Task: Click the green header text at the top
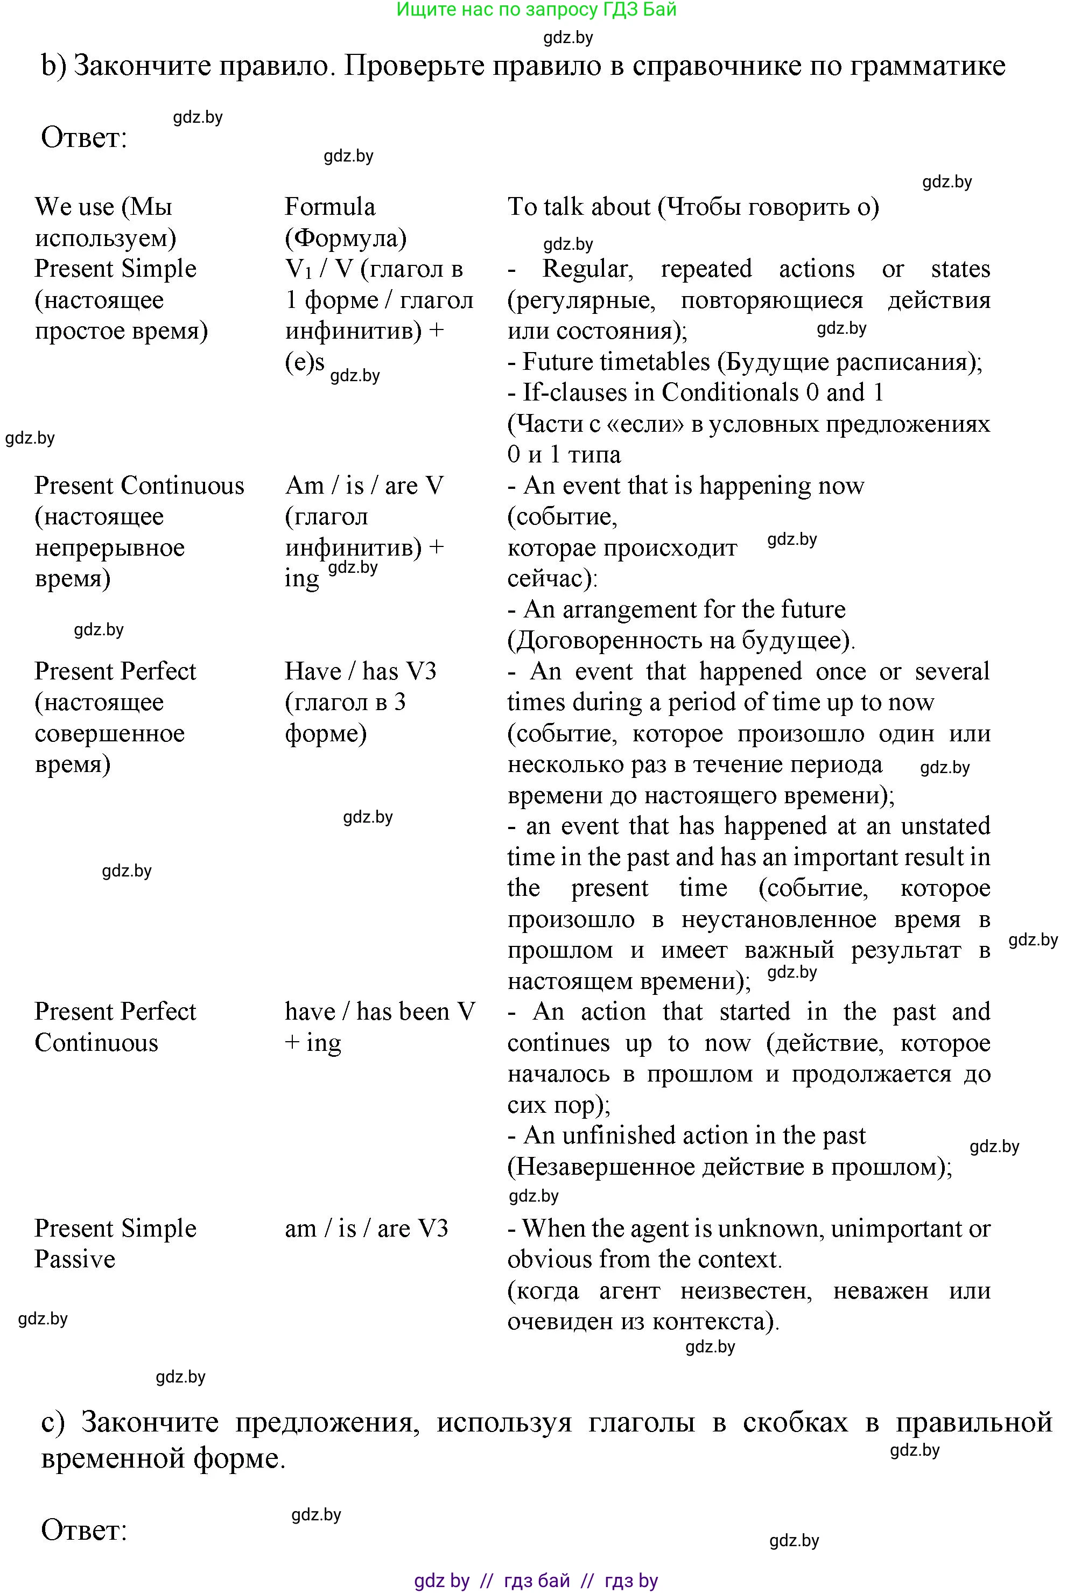click(x=536, y=10)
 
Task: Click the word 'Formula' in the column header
click(x=329, y=207)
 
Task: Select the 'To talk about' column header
click(x=579, y=207)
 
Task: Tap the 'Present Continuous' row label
click(x=139, y=486)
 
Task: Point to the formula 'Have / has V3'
click(x=360, y=671)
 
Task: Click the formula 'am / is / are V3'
click(x=367, y=1229)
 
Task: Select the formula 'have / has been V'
click(x=380, y=1012)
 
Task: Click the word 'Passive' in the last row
click(x=75, y=1259)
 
